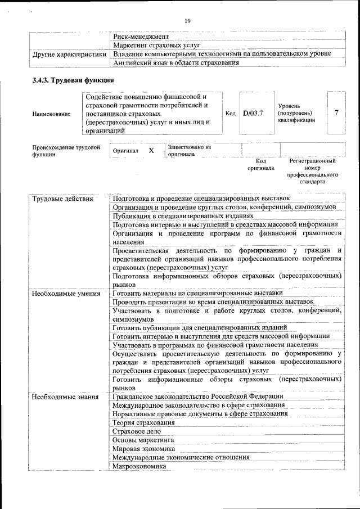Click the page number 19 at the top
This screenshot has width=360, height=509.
point(188,21)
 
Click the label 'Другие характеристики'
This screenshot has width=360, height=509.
point(69,54)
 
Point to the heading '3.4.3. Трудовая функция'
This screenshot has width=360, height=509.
point(73,80)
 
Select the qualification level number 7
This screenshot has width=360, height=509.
point(336,113)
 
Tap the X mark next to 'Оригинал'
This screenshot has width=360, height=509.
point(151,151)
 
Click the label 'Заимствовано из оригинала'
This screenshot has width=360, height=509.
point(189,151)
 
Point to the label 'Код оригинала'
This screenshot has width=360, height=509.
point(260,164)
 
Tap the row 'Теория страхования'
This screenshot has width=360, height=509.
point(143,422)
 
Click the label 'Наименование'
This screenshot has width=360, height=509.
point(52,114)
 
